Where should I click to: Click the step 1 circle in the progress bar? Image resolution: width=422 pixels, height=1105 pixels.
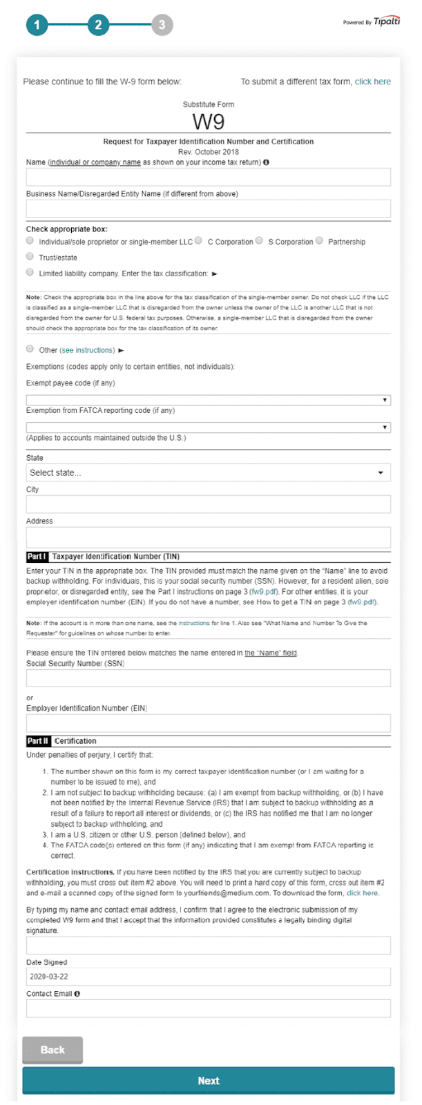(37, 26)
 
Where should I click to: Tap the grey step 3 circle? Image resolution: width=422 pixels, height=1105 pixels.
(162, 26)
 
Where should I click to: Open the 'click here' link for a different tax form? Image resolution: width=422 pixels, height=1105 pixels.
(372, 81)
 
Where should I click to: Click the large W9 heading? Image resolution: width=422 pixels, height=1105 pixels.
(208, 122)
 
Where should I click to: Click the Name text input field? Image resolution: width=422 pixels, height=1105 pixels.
(208, 177)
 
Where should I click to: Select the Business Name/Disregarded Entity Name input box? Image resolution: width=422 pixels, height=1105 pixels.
(208, 209)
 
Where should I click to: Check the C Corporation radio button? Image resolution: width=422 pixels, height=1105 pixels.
(199, 241)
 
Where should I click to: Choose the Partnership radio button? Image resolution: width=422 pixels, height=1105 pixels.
(320, 241)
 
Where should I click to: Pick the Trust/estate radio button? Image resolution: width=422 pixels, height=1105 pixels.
(30, 257)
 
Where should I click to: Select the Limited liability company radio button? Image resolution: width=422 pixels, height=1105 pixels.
(30, 273)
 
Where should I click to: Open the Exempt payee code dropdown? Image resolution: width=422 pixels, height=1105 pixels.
(208, 400)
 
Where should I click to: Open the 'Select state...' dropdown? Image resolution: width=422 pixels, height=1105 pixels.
(208, 472)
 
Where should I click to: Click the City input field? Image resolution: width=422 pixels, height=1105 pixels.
(208, 504)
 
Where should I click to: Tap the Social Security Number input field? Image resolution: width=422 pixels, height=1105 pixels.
(208, 678)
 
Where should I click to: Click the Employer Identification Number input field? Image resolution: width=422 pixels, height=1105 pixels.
(208, 723)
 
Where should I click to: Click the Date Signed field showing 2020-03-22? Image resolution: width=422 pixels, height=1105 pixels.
(208, 977)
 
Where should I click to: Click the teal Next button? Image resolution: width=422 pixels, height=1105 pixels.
(208, 1081)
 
